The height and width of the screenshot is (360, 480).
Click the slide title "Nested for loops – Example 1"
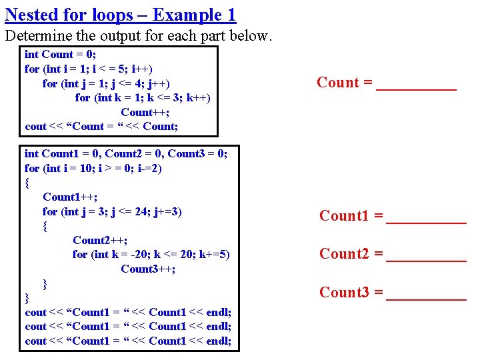(x=120, y=15)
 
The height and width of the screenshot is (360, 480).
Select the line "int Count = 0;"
(x=60, y=55)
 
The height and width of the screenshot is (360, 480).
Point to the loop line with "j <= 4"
(x=105, y=83)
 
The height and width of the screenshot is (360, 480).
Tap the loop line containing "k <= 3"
(x=143, y=97)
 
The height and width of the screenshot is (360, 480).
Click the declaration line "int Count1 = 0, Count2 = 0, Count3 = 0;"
(x=126, y=154)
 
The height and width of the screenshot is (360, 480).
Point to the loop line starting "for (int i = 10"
(x=93, y=168)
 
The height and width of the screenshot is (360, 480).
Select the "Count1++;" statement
(x=70, y=197)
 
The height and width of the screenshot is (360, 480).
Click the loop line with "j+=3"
(x=112, y=211)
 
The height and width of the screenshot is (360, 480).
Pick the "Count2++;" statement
(x=100, y=240)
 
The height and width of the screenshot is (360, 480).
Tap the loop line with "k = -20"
(x=151, y=254)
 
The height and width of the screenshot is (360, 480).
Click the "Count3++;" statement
(x=148, y=269)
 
